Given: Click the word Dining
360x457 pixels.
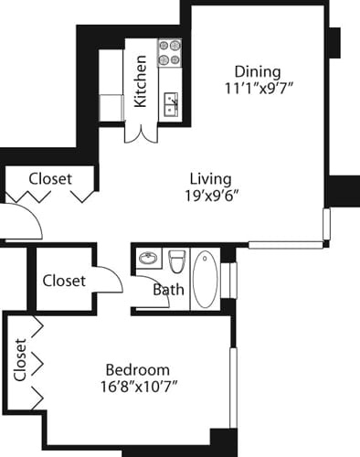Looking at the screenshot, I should [x=258, y=71].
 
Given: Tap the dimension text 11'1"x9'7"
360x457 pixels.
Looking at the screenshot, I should [x=258, y=89].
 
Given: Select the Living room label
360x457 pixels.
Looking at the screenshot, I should [x=210, y=178].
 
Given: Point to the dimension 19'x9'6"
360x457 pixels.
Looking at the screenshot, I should [x=210, y=196].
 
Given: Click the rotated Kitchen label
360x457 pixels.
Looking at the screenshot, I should [x=142, y=81].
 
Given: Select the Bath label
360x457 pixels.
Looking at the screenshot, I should [x=168, y=291].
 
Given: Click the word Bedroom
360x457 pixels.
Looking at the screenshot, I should [x=137, y=369].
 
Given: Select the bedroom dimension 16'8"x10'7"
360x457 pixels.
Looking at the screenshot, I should [x=137, y=386].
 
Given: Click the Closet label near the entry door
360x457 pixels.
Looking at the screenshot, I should [x=49, y=179].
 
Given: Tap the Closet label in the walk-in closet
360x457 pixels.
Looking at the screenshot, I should [x=64, y=281].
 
